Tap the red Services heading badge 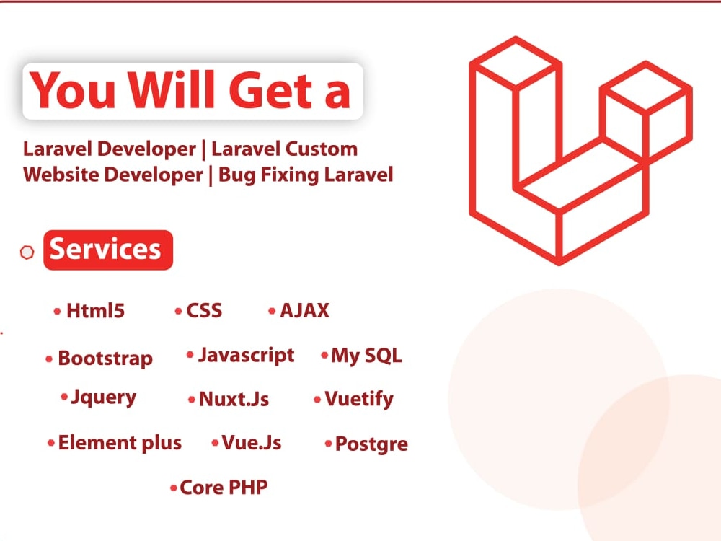(x=108, y=250)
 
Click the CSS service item (x=204, y=311)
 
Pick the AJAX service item (x=304, y=311)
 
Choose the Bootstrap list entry (x=105, y=359)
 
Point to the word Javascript (x=246, y=356)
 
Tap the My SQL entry (x=366, y=356)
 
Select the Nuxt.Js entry (x=234, y=400)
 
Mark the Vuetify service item (x=358, y=400)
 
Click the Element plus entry (x=120, y=443)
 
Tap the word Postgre (x=371, y=444)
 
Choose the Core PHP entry (x=224, y=488)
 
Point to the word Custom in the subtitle (x=321, y=149)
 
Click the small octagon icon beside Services (x=27, y=252)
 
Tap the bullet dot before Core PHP (x=173, y=488)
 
